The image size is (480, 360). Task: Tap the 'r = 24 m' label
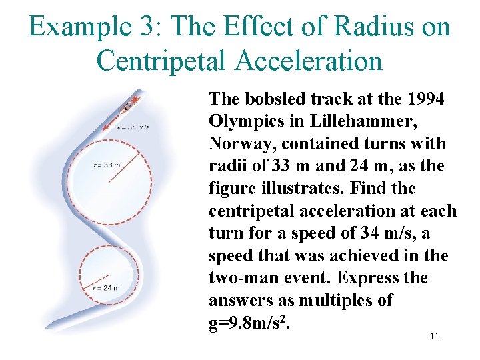point(106,288)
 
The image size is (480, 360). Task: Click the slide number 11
point(434,336)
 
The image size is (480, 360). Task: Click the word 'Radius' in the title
point(370,27)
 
